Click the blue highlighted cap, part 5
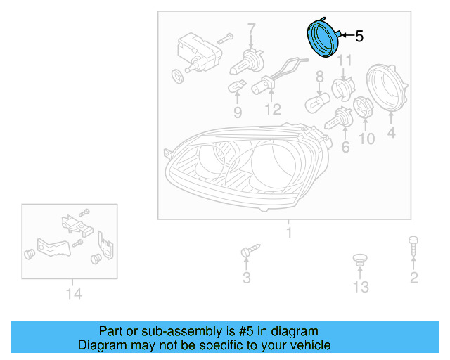(323, 38)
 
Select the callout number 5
(359, 37)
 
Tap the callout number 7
(251, 30)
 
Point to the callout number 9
(238, 112)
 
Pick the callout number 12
(273, 110)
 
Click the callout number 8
(320, 77)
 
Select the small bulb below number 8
(317, 102)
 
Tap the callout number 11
(345, 60)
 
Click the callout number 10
(367, 139)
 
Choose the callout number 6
(345, 147)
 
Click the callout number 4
(392, 132)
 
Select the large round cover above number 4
(387, 88)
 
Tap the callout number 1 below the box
(289, 233)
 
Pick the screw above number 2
(413, 245)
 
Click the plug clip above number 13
(360, 260)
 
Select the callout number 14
(74, 294)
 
